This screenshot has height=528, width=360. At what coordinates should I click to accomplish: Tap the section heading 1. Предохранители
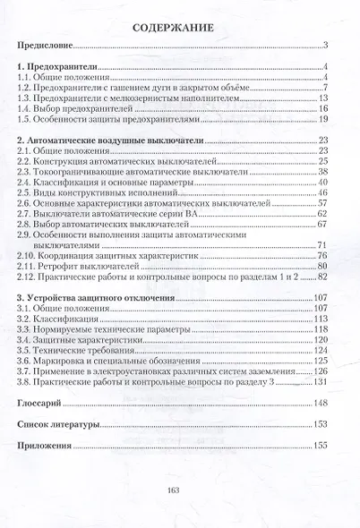point(59,67)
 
